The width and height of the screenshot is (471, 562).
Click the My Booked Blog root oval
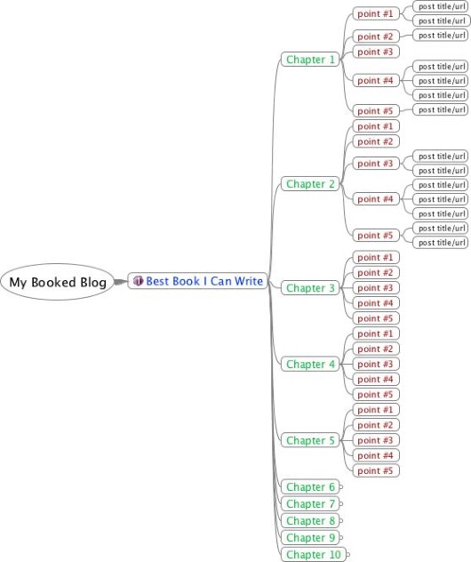coord(57,282)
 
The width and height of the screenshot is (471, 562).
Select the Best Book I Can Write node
coord(197,281)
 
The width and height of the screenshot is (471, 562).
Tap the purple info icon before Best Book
coord(138,281)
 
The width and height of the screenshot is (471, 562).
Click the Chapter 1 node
coord(310,60)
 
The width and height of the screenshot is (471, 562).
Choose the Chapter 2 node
coord(310,184)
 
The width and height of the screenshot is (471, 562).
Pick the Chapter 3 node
coord(310,288)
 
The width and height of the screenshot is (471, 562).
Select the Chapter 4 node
coord(310,365)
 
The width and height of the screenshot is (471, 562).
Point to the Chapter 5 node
coord(310,440)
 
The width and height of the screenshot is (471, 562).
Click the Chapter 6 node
coord(310,486)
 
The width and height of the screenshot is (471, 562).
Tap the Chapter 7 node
coord(310,503)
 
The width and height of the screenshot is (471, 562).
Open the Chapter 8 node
coord(310,520)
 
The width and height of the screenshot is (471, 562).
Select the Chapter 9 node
coord(310,537)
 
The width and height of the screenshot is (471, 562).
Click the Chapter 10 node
coord(314,555)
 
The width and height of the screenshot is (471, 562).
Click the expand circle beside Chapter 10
coord(348,555)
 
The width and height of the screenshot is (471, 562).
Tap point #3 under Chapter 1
coord(376,52)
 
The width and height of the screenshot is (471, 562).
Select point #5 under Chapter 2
coord(376,235)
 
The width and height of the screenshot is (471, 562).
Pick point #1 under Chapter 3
coord(376,257)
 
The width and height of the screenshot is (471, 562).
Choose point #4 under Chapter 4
coord(376,379)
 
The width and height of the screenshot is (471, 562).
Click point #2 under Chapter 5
coord(376,425)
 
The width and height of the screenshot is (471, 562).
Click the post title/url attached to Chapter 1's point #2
coord(441,36)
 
